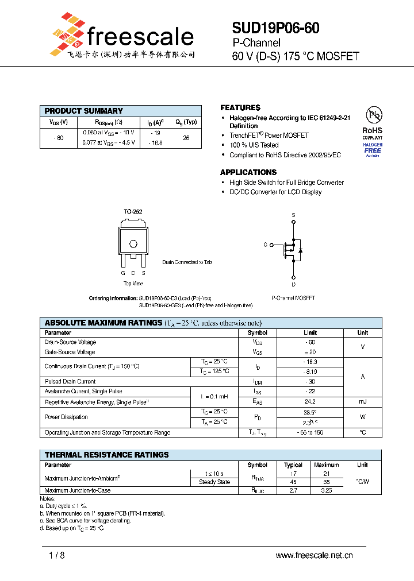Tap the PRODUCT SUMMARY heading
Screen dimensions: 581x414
(84, 111)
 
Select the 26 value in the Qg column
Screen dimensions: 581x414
(186, 138)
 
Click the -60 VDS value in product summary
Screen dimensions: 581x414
(58, 138)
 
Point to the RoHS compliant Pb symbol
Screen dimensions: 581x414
(373, 115)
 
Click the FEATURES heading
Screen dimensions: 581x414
(240, 108)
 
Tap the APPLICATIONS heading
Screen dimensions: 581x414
(248, 172)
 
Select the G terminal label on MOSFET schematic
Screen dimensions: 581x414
(265, 245)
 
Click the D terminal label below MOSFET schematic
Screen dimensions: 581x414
(293, 284)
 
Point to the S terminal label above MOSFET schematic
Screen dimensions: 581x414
(293, 215)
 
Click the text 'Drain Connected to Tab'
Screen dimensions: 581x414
(187, 262)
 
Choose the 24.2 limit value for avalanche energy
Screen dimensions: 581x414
(310, 401)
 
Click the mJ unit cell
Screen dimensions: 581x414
(362, 401)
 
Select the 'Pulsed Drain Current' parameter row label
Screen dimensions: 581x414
(70, 381)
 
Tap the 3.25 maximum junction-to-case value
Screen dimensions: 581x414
(327, 491)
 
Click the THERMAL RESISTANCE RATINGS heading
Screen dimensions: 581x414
(107, 455)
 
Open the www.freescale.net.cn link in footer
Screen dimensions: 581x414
(314, 555)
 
